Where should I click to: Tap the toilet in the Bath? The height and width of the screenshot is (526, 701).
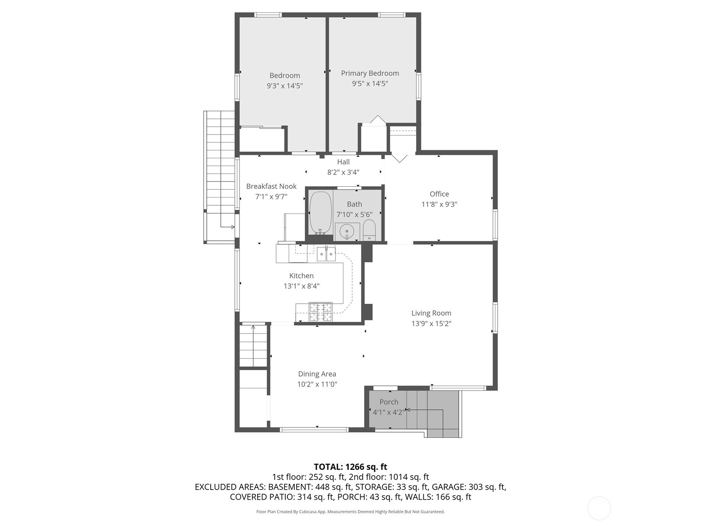point(369,230)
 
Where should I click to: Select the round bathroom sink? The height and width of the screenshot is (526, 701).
point(347,231)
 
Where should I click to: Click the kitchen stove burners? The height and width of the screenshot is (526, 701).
point(321,312)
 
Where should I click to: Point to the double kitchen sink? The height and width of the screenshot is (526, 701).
point(326,254)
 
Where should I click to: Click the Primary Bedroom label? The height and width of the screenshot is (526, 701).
point(370,73)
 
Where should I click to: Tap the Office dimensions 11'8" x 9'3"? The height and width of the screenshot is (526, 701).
point(439,204)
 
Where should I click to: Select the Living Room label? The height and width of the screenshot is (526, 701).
point(431,313)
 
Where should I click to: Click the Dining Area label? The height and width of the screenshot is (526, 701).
point(317,374)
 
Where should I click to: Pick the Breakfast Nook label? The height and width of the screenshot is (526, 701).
point(271,186)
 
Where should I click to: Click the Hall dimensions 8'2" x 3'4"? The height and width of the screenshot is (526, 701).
point(343,172)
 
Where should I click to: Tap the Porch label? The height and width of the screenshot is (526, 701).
point(389,402)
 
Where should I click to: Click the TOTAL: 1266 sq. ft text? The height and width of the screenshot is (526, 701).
point(350,467)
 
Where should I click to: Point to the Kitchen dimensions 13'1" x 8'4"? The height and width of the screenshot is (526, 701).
point(301,286)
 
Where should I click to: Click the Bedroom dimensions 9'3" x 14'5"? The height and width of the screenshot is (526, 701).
point(284,86)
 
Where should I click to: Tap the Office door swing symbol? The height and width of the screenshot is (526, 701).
point(400,158)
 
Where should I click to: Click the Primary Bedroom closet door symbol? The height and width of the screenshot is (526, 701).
point(377,120)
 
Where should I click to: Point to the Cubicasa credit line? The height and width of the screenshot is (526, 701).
point(350,512)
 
